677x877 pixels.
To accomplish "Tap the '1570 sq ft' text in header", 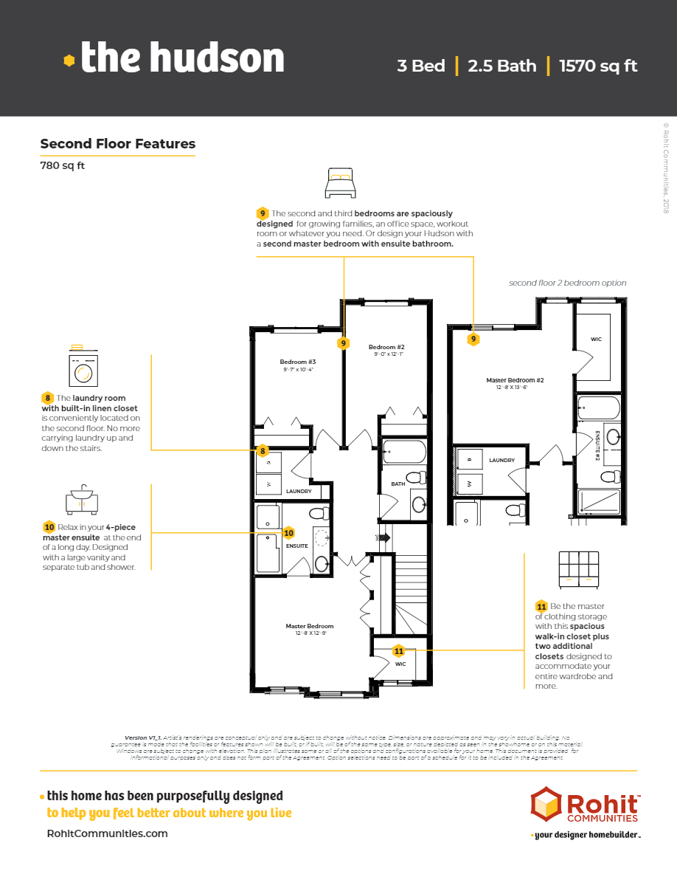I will point(598,66).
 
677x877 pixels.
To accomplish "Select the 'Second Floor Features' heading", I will point(117,144).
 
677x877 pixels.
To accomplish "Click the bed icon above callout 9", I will point(340,182).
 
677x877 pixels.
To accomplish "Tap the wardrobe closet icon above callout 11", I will point(578,569).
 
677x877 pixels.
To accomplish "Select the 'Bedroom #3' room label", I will point(297,362).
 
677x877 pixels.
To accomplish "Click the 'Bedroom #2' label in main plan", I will point(386,347).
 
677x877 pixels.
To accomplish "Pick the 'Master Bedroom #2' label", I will point(515,380).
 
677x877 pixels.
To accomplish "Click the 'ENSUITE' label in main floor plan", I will point(297,546).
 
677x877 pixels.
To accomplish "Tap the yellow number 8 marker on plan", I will point(262,450).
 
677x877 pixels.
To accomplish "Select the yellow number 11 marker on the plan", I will point(399,651).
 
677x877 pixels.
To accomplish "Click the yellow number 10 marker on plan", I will point(288,532).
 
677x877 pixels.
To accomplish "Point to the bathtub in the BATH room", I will point(405,451).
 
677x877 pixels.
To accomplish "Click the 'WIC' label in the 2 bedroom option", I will point(596,340).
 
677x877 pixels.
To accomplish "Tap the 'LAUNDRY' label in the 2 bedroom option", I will point(501,460).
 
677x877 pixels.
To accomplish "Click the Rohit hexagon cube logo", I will point(546,805).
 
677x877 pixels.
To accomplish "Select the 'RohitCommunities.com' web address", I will point(107,833).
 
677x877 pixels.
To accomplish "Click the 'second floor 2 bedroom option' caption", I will point(567,283).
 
